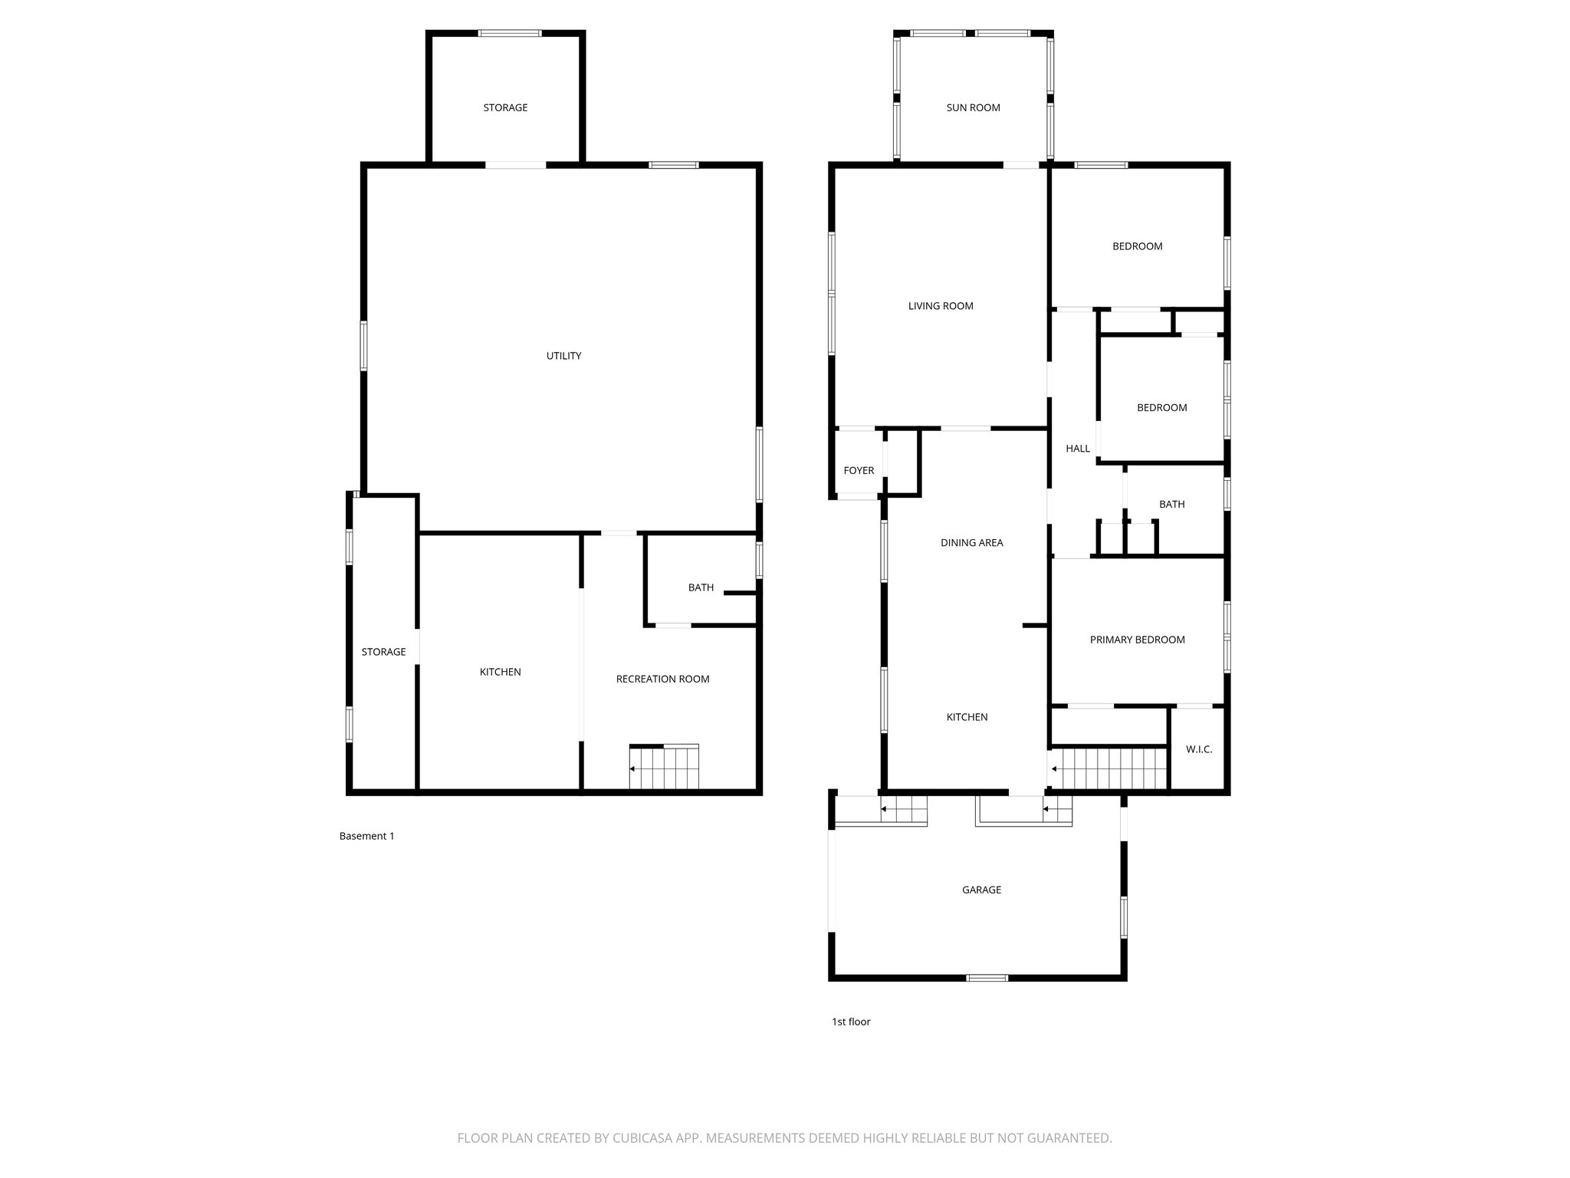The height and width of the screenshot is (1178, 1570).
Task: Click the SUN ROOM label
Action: point(973,108)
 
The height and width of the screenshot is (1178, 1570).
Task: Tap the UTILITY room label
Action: point(563,356)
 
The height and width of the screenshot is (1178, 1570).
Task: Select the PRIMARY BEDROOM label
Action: point(1137,640)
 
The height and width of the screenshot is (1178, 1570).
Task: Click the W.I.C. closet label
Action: point(1199,749)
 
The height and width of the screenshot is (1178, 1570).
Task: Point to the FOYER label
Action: point(859,471)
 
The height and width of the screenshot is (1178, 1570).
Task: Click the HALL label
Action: point(1077,449)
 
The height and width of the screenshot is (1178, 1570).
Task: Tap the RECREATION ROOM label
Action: point(662,679)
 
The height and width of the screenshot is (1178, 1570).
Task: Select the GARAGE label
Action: point(981,890)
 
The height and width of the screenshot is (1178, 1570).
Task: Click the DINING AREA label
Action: point(971,543)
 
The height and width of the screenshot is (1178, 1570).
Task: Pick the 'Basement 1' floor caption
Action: point(366,836)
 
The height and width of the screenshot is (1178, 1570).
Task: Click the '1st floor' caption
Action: point(851,1022)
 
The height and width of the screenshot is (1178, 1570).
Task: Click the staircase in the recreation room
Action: point(664,768)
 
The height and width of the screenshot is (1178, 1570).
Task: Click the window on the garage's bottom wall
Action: point(987,977)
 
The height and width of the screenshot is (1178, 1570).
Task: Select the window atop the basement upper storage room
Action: point(510,33)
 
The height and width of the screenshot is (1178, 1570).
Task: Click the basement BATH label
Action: point(701,587)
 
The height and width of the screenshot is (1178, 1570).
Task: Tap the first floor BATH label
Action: point(1171,505)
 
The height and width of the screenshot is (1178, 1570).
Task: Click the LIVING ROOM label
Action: point(941,306)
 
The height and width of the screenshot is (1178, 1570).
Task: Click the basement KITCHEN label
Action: point(500,672)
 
